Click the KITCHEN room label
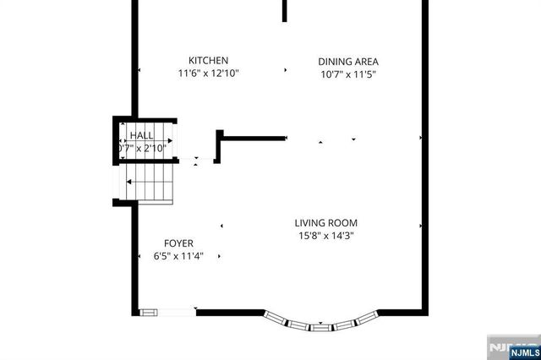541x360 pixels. click(x=208, y=61)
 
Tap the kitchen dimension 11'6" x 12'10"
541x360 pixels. click(x=208, y=74)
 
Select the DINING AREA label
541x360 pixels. click(x=347, y=62)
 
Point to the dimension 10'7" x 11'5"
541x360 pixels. click(x=347, y=74)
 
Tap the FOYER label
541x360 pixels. click(x=178, y=243)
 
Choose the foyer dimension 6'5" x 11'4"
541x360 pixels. click(x=178, y=256)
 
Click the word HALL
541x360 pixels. click(x=141, y=135)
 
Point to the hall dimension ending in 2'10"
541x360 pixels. click(x=144, y=149)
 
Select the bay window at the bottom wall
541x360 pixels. click(x=320, y=322)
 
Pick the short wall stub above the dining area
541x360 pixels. click(x=285, y=10)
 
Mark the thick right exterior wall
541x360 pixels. click(x=423, y=169)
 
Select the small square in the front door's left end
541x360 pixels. click(x=148, y=312)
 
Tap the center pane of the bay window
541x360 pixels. click(x=320, y=325)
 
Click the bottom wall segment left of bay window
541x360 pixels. click(x=230, y=312)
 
